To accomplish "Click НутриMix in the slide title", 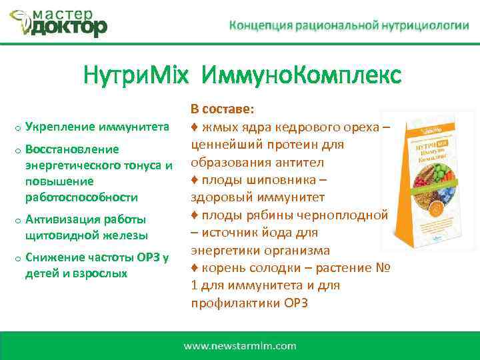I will click(132, 75).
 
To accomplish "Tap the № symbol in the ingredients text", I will click(382, 268).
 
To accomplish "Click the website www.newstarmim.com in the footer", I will click(239, 345).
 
